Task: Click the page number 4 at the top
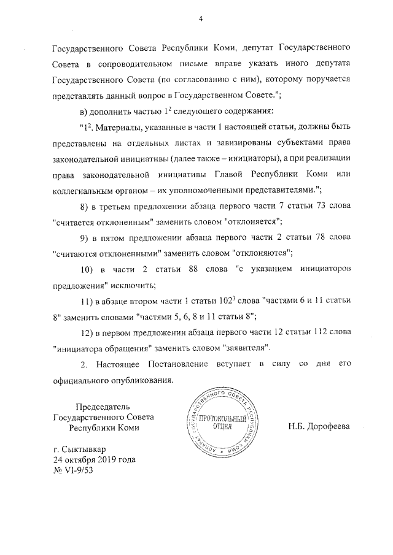pyautogui.click(x=200, y=18)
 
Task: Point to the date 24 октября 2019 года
pyautogui.click(x=95, y=459)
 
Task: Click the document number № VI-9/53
pyautogui.click(x=74, y=470)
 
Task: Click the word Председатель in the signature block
pyautogui.click(x=103, y=406)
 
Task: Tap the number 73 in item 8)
pyautogui.click(x=319, y=206)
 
